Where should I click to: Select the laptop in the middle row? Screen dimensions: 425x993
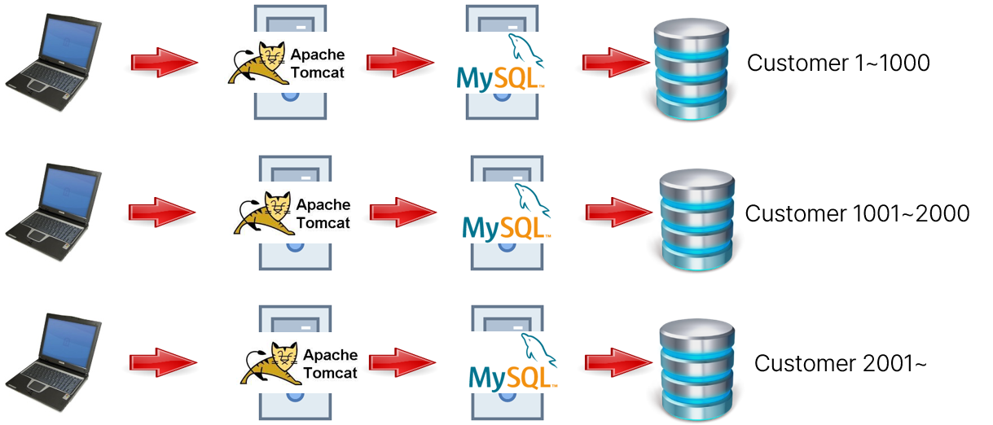(52, 212)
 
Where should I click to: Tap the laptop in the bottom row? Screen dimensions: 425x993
(52, 362)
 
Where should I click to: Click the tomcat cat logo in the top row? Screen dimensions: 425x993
(256, 64)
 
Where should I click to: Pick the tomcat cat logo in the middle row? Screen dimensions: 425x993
(262, 214)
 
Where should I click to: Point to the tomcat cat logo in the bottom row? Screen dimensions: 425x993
(269, 364)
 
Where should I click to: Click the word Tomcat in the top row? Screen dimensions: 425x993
(318, 72)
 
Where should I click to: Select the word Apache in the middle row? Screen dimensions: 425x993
(323, 205)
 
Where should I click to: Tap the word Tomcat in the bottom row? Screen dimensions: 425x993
(330, 373)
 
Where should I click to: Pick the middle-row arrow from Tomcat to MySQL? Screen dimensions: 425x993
(403, 212)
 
